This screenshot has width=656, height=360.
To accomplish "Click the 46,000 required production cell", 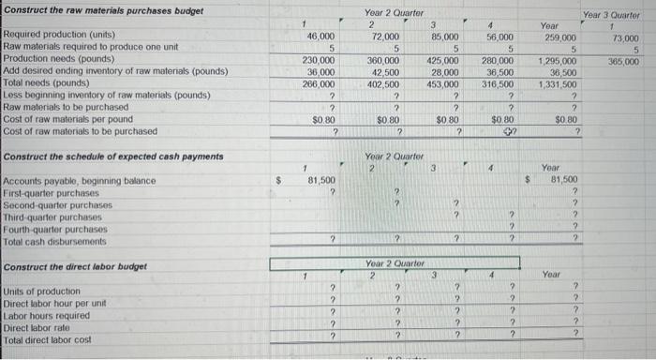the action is (321, 34).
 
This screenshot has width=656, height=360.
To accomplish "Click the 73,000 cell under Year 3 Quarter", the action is (626, 38).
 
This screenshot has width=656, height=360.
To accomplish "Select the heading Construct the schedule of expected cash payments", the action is (113, 156).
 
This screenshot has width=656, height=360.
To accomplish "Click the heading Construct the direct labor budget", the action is (76, 267).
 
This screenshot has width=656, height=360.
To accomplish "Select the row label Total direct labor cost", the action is (49, 340).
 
